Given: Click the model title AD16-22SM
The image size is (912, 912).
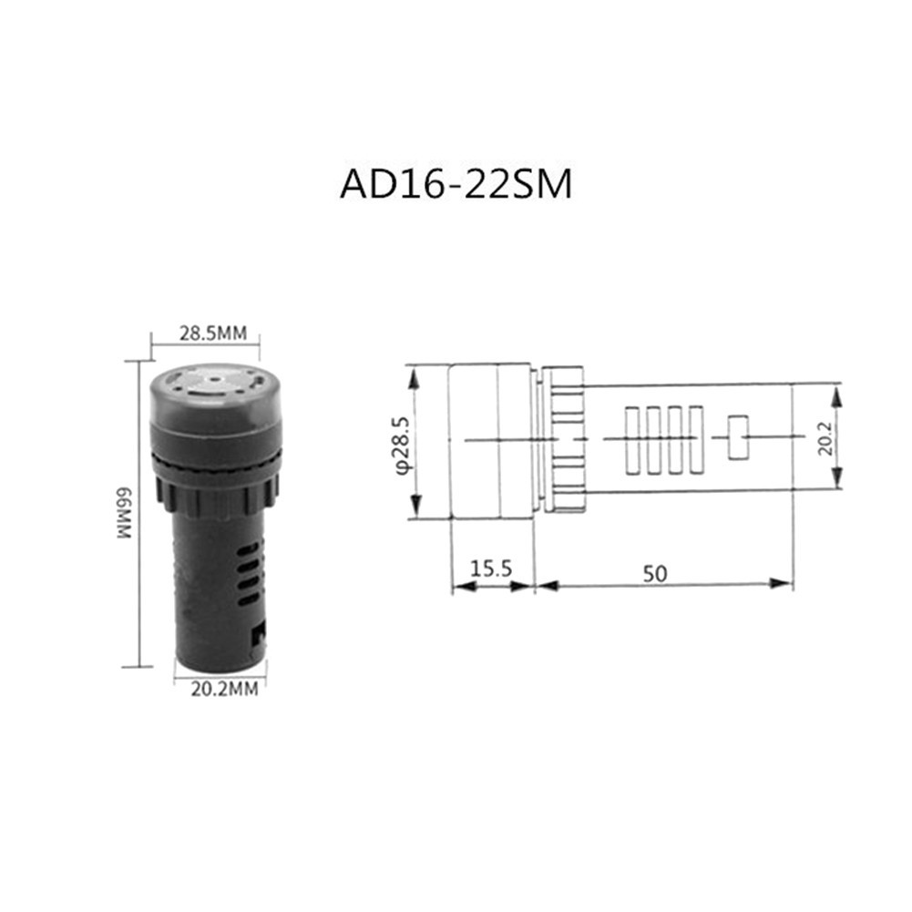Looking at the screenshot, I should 456,183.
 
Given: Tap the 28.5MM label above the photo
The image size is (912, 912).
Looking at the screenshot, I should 212,333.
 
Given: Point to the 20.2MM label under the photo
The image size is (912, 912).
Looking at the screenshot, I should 224,689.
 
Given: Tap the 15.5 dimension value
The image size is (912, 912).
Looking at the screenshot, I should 491,571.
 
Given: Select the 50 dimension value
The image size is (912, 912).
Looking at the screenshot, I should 654,573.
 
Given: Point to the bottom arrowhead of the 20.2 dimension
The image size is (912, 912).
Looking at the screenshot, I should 837,486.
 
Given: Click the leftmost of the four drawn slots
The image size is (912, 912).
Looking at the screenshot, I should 632,441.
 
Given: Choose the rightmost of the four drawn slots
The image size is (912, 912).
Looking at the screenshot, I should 697,441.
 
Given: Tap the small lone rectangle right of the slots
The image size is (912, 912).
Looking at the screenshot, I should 738,437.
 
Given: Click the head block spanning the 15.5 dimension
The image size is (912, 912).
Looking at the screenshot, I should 491,441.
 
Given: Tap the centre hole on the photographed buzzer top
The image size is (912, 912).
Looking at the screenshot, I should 211,372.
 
